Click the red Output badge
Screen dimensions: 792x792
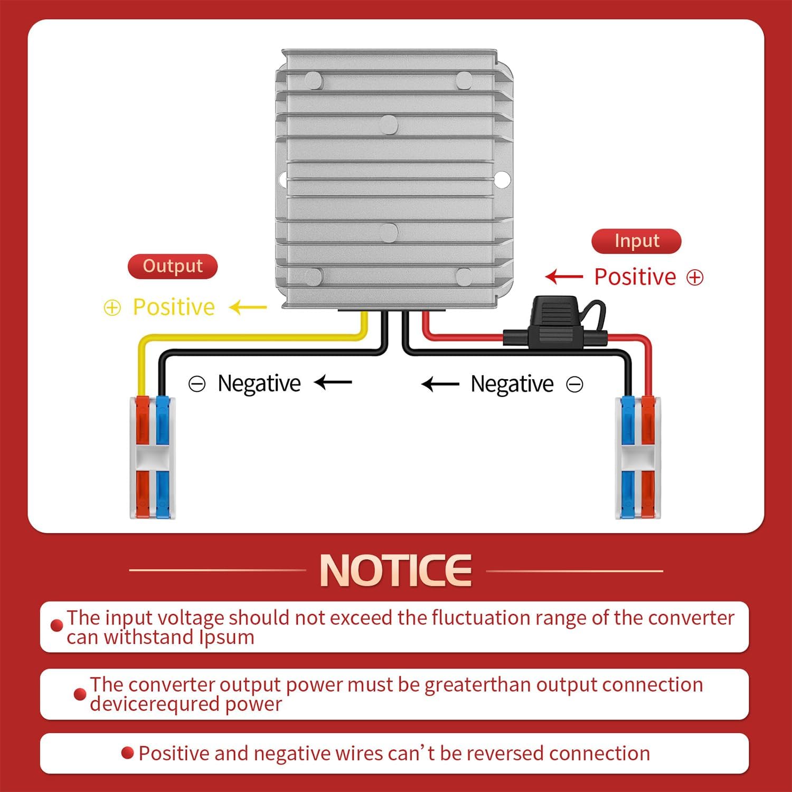(x=173, y=266)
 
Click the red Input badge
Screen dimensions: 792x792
(x=636, y=241)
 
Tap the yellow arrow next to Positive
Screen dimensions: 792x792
(x=249, y=307)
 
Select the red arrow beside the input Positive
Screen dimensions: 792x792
(x=564, y=277)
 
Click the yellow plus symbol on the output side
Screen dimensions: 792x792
(x=112, y=308)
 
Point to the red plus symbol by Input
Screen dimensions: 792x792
(x=695, y=277)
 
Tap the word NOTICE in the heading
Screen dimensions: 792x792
(x=395, y=570)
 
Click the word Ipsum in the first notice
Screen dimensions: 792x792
(x=227, y=637)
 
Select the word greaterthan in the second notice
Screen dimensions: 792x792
(x=478, y=685)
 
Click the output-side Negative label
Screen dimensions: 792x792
(x=259, y=383)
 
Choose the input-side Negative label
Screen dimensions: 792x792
(x=512, y=384)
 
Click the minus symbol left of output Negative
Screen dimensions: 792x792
(x=197, y=384)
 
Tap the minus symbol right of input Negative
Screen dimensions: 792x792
(x=574, y=384)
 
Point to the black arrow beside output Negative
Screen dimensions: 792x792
(x=333, y=382)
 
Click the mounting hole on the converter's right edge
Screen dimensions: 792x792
(x=502, y=180)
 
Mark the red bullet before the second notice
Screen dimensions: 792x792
(x=80, y=694)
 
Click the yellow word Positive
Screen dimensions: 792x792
(x=174, y=307)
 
